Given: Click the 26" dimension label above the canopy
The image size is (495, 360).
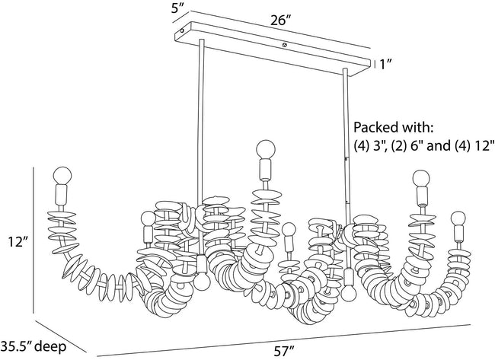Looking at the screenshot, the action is (280, 21).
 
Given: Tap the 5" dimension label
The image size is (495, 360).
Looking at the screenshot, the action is (177, 8).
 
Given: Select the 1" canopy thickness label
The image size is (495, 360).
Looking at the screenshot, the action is (385, 65).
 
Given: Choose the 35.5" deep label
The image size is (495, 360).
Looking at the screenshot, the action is (34, 346).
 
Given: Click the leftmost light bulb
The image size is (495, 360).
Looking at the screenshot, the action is (62, 175).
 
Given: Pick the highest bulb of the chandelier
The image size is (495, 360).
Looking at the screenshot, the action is (266, 148).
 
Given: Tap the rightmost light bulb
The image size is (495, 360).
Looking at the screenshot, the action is (458, 218).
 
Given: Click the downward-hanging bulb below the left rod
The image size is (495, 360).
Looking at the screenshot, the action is (202, 282).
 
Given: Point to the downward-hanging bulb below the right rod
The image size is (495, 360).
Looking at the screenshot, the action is (349, 294).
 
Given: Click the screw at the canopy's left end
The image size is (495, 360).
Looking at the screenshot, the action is (182, 31).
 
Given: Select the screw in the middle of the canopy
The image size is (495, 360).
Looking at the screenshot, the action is (285, 45).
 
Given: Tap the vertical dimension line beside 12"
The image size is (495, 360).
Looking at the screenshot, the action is (34, 240).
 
